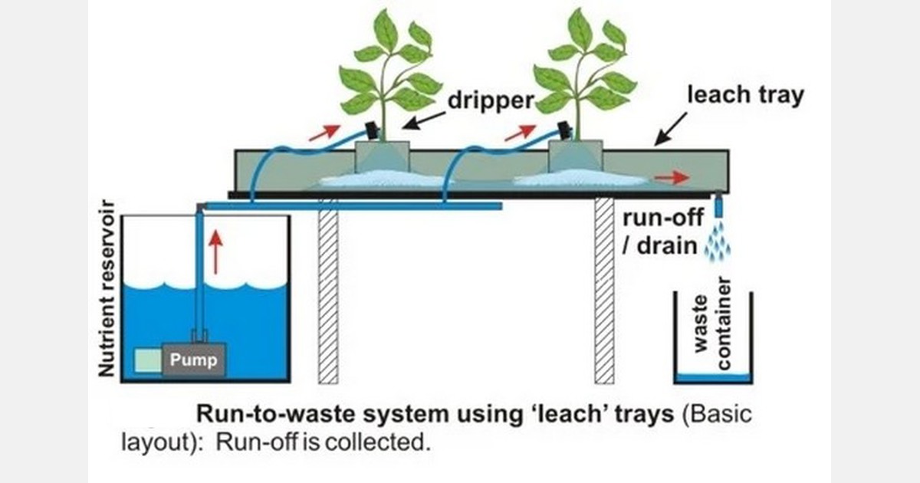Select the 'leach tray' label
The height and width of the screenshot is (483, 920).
coord(744,97)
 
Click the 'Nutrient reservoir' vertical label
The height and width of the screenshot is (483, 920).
coord(107,289)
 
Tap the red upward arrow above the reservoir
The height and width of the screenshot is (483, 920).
coord(217,249)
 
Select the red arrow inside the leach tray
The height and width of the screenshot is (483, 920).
coord(672,178)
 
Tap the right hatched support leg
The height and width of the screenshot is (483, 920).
coord(604,291)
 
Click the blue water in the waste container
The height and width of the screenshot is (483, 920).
coord(712,377)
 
